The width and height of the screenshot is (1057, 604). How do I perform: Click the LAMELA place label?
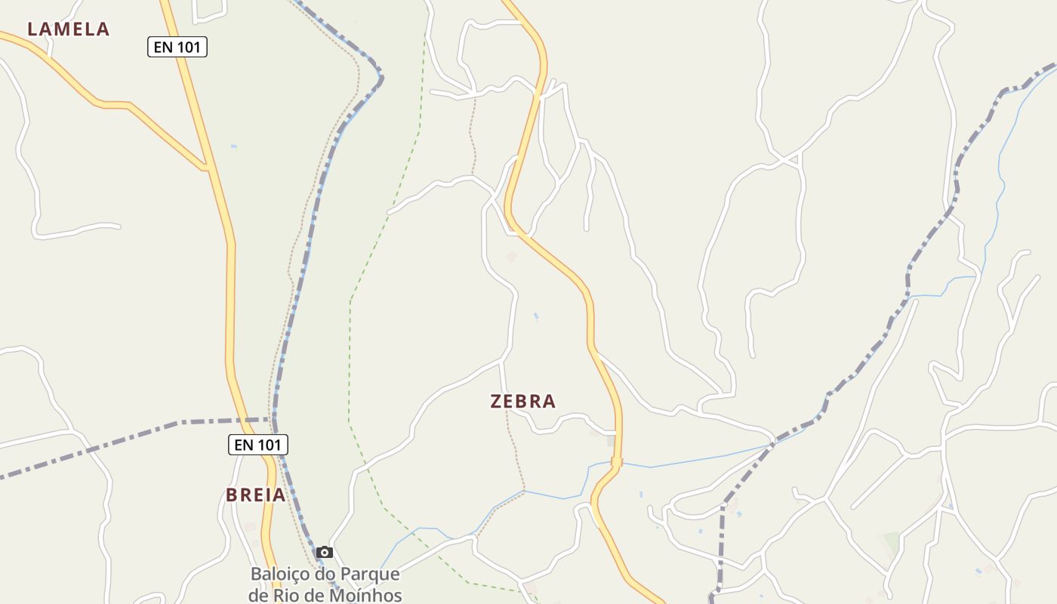tap(69, 29)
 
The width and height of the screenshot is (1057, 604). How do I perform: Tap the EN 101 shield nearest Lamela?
tap(177, 48)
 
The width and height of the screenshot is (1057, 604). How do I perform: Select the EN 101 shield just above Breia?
tap(258, 445)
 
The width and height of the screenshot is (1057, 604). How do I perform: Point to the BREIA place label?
tap(256, 495)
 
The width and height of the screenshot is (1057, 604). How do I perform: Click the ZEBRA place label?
tap(523, 402)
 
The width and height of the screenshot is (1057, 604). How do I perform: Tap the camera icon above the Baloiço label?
tap(325, 553)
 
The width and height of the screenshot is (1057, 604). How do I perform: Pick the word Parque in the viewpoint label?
tap(370, 575)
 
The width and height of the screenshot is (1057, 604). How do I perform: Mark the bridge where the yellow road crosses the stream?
tap(616, 461)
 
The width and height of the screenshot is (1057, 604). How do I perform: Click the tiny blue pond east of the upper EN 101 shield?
tap(234, 146)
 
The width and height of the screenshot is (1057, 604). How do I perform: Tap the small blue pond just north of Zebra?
tap(536, 316)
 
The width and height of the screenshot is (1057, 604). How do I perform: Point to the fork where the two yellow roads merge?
tap(205, 167)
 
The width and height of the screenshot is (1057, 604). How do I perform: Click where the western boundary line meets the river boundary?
tap(273, 419)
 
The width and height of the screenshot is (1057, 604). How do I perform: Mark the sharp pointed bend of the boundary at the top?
tap(381, 77)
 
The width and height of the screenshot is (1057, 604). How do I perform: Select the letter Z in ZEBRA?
tap(497, 402)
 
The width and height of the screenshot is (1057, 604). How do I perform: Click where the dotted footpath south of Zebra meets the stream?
tap(523, 491)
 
